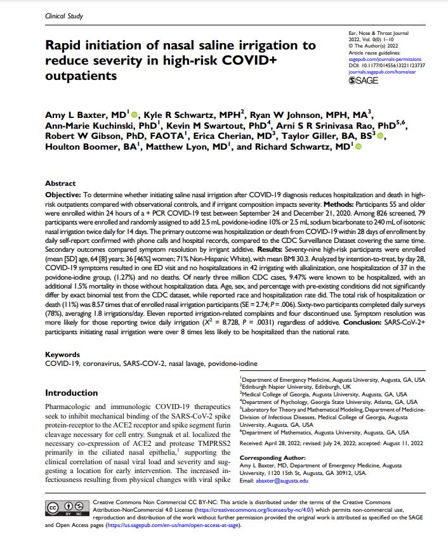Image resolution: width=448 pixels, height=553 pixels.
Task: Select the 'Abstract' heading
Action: [60, 183]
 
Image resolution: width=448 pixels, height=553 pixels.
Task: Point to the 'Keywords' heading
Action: [62, 355]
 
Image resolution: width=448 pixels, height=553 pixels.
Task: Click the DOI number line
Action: [387, 65]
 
